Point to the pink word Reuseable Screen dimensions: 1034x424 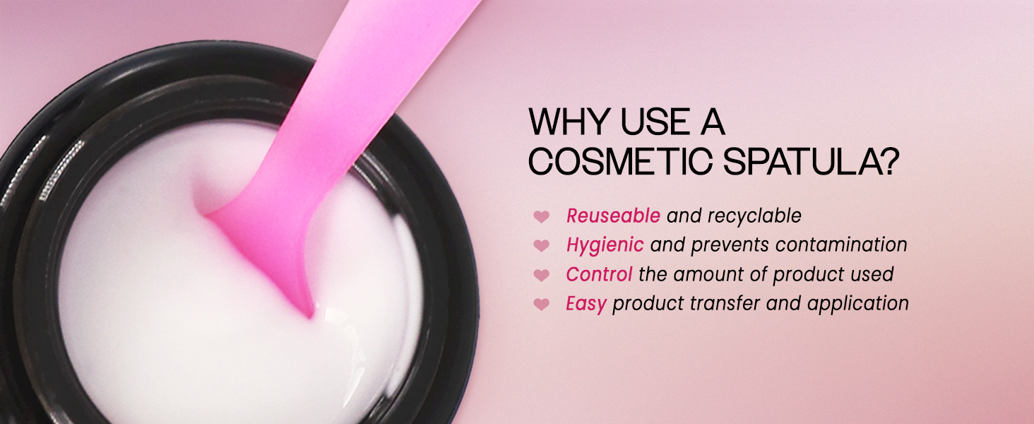point(613,216)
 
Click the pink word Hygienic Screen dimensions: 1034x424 point(605,245)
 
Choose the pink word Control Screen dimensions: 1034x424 point(599,274)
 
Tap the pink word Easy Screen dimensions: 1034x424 point(586,304)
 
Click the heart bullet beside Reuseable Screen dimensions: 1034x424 point(542,216)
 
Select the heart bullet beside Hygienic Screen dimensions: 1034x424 point(542,246)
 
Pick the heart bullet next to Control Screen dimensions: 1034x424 point(542,276)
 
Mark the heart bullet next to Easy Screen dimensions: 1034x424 point(542,305)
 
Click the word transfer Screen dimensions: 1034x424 point(725,303)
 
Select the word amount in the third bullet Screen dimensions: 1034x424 point(708,275)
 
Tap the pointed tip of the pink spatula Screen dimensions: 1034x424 point(310,317)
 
